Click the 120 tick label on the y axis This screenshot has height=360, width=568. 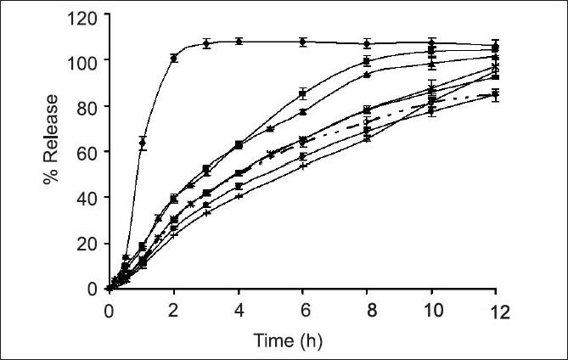[83, 14]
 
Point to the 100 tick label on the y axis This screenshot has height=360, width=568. [83, 60]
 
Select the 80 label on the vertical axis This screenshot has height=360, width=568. [87, 106]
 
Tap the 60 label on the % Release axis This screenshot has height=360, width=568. [87, 152]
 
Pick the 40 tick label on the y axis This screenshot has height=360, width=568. [87, 198]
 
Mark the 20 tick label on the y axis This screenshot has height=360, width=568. [87, 244]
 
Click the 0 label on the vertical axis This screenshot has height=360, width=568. [91, 289]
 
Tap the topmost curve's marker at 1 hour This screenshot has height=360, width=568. [142, 143]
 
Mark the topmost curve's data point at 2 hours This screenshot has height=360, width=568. [174, 59]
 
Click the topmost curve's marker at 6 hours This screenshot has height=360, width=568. [303, 42]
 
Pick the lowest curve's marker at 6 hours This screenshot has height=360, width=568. [303, 166]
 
